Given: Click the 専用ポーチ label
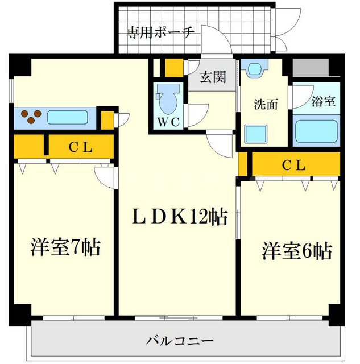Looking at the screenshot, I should coord(160,32).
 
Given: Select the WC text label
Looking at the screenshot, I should coord(169,122).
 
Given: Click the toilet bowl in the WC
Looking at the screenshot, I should coord(167,101).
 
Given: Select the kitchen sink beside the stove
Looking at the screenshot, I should coord(67,118).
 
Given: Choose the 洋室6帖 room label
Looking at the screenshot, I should coord(297,251).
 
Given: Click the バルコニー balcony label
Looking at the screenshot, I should coord(180,341).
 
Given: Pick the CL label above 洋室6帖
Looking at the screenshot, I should coord(294,166).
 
